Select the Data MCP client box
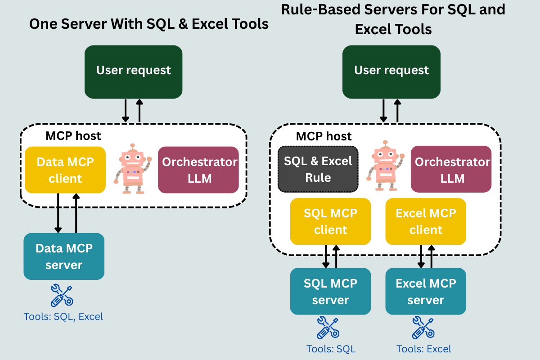(x=65, y=170)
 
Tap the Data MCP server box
(x=64, y=256)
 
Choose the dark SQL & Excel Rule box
(x=318, y=169)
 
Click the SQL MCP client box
(x=331, y=221)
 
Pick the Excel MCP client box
(x=426, y=221)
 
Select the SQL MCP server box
(x=331, y=292)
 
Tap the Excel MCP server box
(x=426, y=292)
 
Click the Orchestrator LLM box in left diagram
(x=198, y=170)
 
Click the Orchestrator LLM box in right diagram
(x=451, y=170)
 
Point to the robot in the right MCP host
(x=385, y=166)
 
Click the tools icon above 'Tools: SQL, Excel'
(x=62, y=295)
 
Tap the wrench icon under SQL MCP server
(x=328, y=328)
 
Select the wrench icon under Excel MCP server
(x=423, y=328)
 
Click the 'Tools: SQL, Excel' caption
(x=63, y=317)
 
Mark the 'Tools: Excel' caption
(x=424, y=349)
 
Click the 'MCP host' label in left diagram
(x=73, y=135)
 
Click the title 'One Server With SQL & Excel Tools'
(x=149, y=24)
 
